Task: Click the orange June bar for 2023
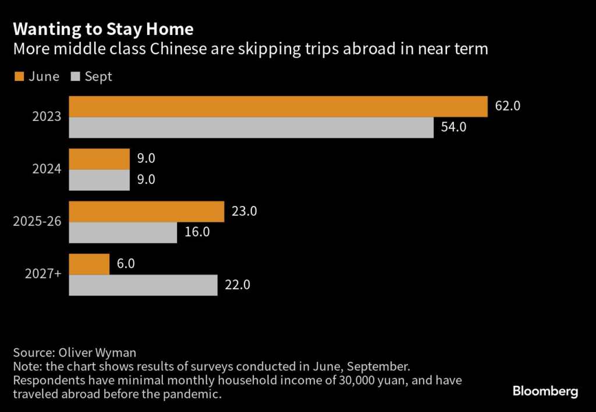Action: (278, 106)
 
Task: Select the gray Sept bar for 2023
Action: (251, 127)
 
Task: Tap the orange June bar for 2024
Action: (100, 159)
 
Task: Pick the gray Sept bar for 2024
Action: (100, 180)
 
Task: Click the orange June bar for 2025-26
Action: (147, 211)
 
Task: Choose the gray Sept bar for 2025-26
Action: (123, 232)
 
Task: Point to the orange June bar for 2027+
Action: (90, 264)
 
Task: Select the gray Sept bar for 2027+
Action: (143, 285)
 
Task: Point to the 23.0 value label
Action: (244, 211)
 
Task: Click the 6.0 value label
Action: (126, 264)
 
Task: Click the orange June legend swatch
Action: (18, 77)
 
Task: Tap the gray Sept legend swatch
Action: (75, 77)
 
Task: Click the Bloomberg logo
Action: (545, 391)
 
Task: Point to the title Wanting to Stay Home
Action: (104, 29)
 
